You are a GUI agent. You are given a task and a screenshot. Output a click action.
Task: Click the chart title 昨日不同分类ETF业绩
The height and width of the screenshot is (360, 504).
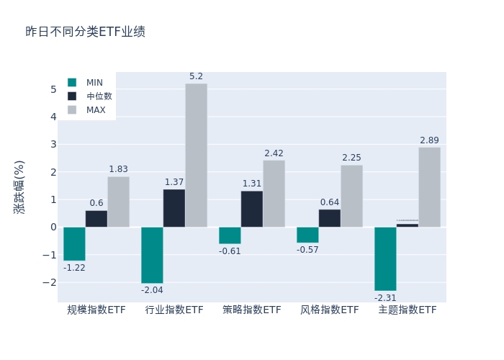[x=85, y=32]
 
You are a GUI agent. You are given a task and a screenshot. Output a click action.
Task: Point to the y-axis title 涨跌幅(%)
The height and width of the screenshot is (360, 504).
[x=19, y=186]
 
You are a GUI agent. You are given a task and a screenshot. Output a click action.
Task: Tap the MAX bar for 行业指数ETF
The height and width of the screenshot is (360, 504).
[x=196, y=156]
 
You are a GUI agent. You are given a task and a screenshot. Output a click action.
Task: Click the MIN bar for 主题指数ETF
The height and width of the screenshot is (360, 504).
[x=385, y=258]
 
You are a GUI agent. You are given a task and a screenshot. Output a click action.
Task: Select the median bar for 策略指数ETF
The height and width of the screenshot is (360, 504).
[x=252, y=209]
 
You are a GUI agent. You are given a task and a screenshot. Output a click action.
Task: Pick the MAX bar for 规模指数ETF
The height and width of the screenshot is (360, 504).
[x=118, y=202]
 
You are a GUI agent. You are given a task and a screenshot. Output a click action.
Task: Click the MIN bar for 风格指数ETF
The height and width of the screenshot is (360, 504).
[x=307, y=235]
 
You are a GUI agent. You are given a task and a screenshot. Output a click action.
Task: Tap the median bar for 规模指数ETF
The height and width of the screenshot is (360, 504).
[x=96, y=219]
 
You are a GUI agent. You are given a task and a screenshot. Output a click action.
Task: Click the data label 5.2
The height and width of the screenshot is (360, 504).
[x=196, y=76]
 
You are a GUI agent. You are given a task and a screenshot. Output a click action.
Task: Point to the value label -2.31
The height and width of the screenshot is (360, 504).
[x=385, y=297]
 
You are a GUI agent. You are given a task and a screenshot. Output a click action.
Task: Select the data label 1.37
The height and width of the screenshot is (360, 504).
[x=174, y=182]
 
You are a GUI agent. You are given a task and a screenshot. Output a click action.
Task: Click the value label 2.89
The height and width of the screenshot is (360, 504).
[x=429, y=140]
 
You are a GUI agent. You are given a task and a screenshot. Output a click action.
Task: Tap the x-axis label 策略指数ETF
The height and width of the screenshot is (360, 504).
[x=252, y=310]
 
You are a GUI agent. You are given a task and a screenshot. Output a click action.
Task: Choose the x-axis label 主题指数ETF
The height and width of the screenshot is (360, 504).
[x=408, y=310]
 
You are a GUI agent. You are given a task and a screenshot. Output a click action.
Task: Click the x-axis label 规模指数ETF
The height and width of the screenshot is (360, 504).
[x=96, y=310]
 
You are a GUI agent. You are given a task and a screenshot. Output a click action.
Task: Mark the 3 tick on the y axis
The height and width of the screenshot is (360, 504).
[x=53, y=145]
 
